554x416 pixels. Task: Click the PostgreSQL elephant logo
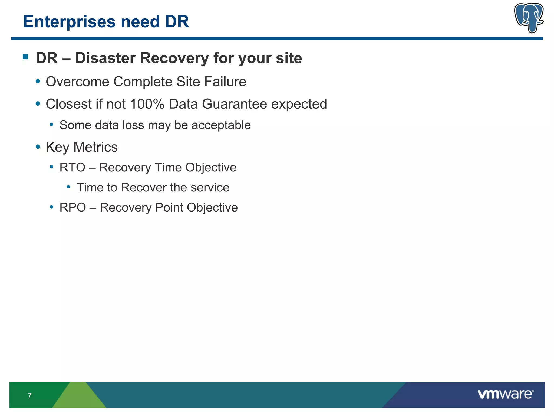[529, 18]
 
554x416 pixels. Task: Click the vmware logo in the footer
[505, 394]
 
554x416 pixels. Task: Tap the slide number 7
[29, 396]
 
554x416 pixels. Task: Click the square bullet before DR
[26, 57]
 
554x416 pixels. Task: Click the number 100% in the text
[147, 104]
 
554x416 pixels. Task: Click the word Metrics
[95, 147]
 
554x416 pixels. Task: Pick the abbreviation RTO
[72, 167]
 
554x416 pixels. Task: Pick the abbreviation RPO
[72, 208]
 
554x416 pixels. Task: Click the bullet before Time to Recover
[68, 187]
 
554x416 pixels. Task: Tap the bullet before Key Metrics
[38, 147]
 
